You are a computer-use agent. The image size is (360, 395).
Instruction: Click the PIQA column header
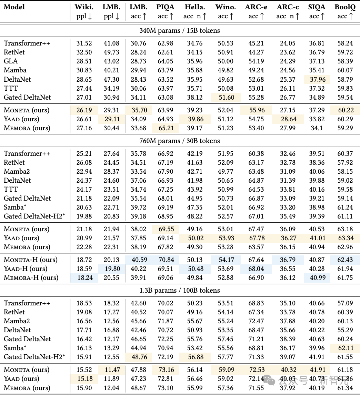(165, 7)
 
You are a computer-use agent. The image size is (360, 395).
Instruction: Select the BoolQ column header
(346, 7)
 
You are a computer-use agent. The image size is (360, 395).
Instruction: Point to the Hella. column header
(195, 7)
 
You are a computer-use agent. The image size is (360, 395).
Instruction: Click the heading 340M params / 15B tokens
(179, 31)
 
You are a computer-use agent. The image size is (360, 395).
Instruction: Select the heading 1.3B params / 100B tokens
(179, 290)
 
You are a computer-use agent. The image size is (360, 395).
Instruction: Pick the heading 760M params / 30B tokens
(179, 141)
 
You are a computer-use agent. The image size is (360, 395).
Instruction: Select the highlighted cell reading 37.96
(316, 79)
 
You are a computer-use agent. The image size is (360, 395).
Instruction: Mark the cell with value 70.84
(165, 260)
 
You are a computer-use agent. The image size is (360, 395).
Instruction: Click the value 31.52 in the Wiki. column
(84, 43)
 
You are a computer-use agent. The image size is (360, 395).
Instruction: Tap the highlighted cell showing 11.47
(111, 370)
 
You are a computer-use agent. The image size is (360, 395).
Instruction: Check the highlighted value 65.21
(165, 128)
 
